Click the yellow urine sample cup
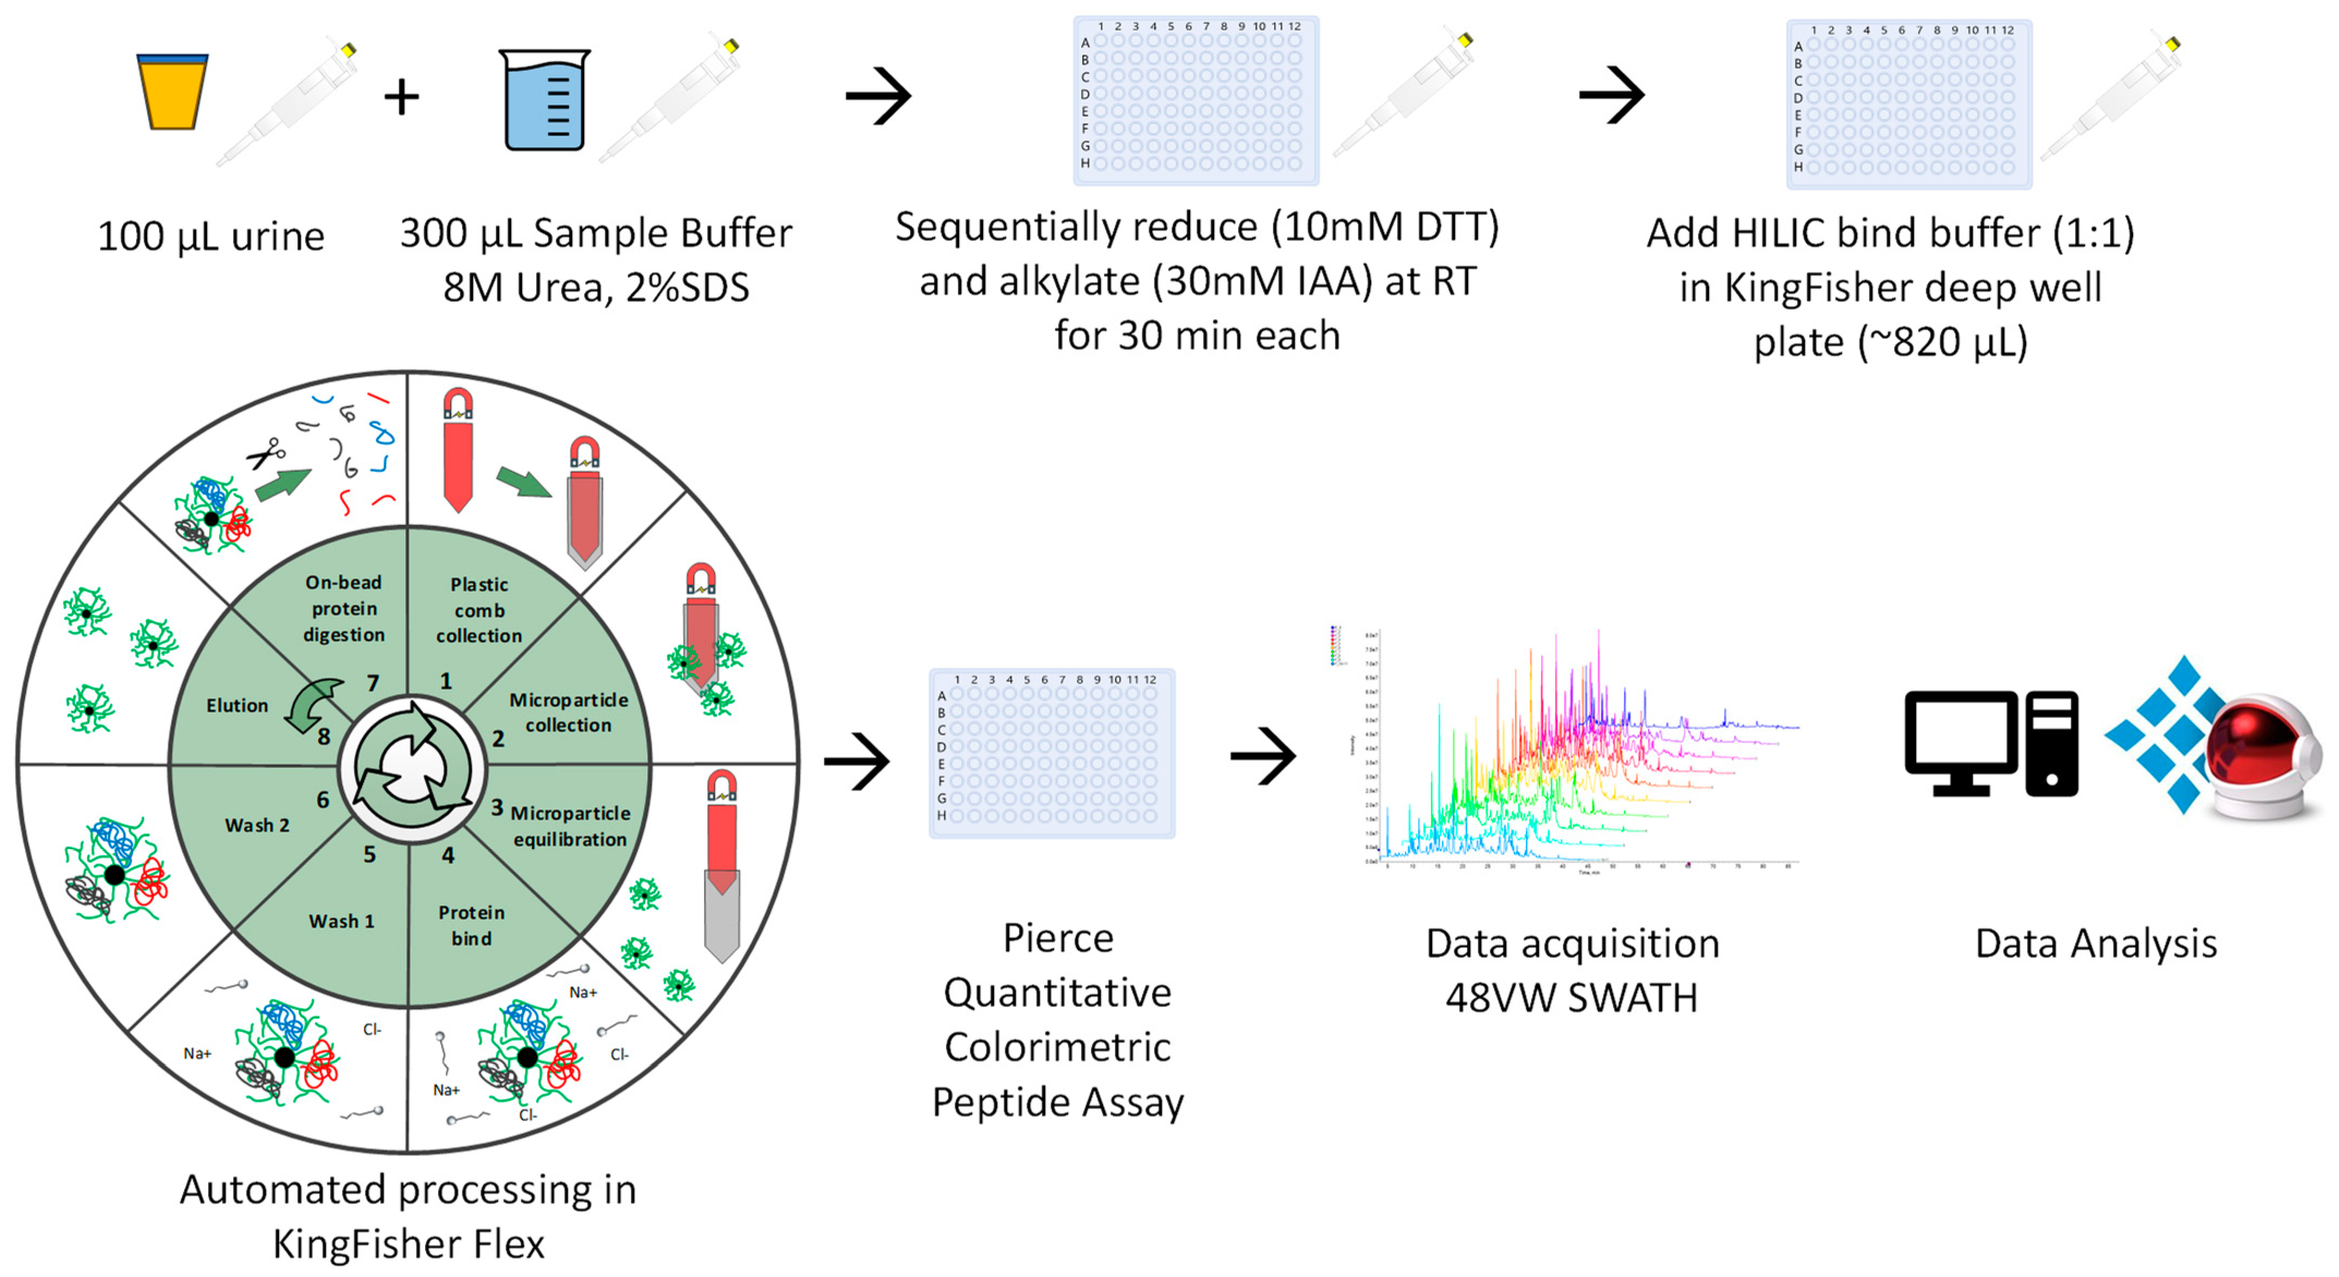(172, 92)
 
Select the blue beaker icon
(545, 100)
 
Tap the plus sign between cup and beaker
(401, 97)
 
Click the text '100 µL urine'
(211, 237)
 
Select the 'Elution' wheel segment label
(237, 705)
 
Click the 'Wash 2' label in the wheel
(257, 825)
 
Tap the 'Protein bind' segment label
(471, 925)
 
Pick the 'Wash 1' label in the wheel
(341, 921)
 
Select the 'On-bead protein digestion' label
(343, 608)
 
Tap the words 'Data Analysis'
(2095, 944)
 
